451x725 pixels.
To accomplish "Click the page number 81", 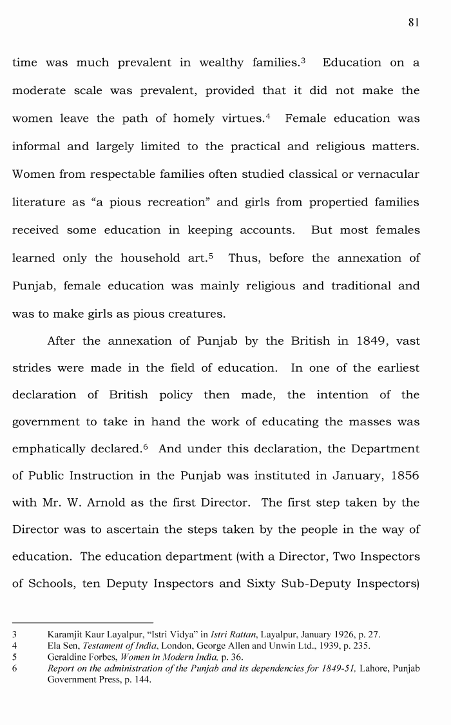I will pos(414,22).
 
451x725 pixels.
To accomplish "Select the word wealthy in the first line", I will pos(227,63).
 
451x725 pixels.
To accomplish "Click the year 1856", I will pos(403,476).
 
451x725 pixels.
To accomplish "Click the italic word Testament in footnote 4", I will pos(99,645).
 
